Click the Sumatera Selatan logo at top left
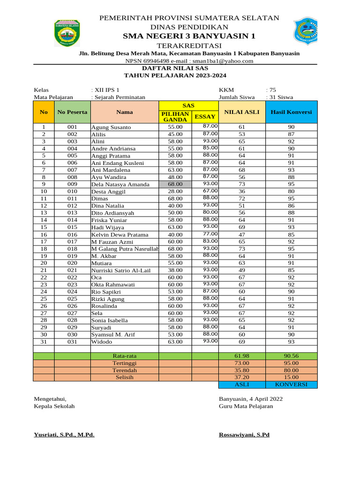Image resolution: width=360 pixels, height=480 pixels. [67, 33]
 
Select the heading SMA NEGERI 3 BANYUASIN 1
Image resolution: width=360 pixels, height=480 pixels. [189, 36]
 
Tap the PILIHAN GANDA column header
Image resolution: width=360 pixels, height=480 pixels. [175, 117]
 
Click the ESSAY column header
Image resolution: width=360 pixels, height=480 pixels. [205, 117]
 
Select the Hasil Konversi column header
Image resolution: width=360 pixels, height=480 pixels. [291, 112]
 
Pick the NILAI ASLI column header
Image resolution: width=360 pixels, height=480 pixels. [241, 112]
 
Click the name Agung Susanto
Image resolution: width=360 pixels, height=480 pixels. [111, 127]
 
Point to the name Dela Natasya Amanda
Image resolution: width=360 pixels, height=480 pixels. [120, 185]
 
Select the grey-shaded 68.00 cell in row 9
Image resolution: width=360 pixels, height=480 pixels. [175, 184]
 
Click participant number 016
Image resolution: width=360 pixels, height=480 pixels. [72, 234]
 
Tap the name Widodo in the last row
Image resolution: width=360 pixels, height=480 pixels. [101, 342]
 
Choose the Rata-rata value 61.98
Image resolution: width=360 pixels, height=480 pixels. [241, 356]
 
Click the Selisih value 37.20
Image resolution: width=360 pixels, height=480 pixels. [241, 377]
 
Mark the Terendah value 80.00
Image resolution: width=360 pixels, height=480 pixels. [291, 370]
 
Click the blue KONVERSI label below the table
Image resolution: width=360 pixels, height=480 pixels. [291, 384]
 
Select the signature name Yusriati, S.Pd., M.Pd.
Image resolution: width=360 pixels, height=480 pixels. [64, 435]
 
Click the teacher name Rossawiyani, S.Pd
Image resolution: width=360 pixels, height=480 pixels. [244, 435]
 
